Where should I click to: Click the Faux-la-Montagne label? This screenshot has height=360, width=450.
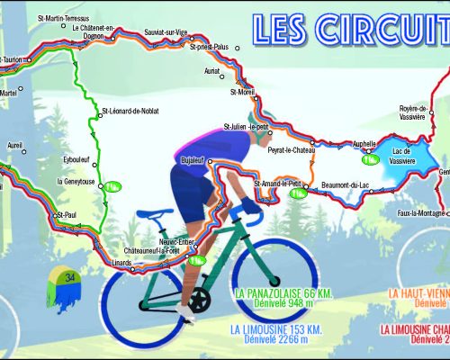(x=422, y=213)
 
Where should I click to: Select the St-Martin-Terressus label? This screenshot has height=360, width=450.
(x=63, y=17)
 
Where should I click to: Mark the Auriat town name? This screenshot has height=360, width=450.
(x=212, y=69)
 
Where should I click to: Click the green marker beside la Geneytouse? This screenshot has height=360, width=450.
(x=112, y=187)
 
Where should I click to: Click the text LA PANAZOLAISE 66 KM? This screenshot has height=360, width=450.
(x=278, y=293)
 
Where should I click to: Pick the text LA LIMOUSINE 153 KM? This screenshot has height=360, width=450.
(x=276, y=328)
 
